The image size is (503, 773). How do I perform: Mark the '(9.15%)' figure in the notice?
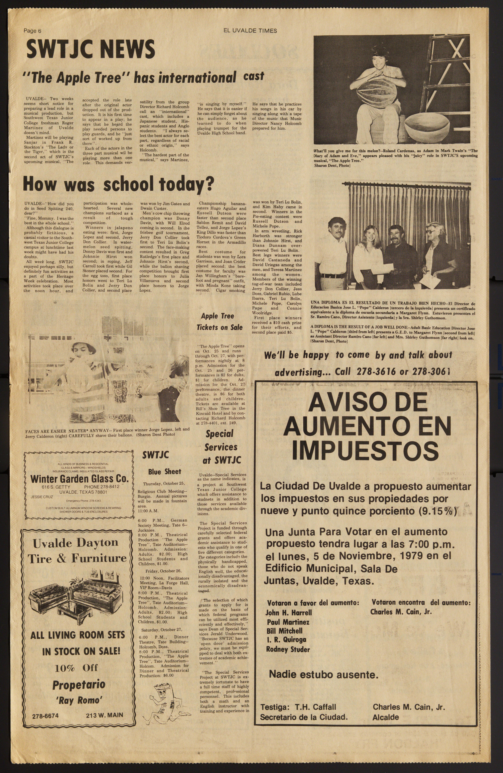coord(437,511)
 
